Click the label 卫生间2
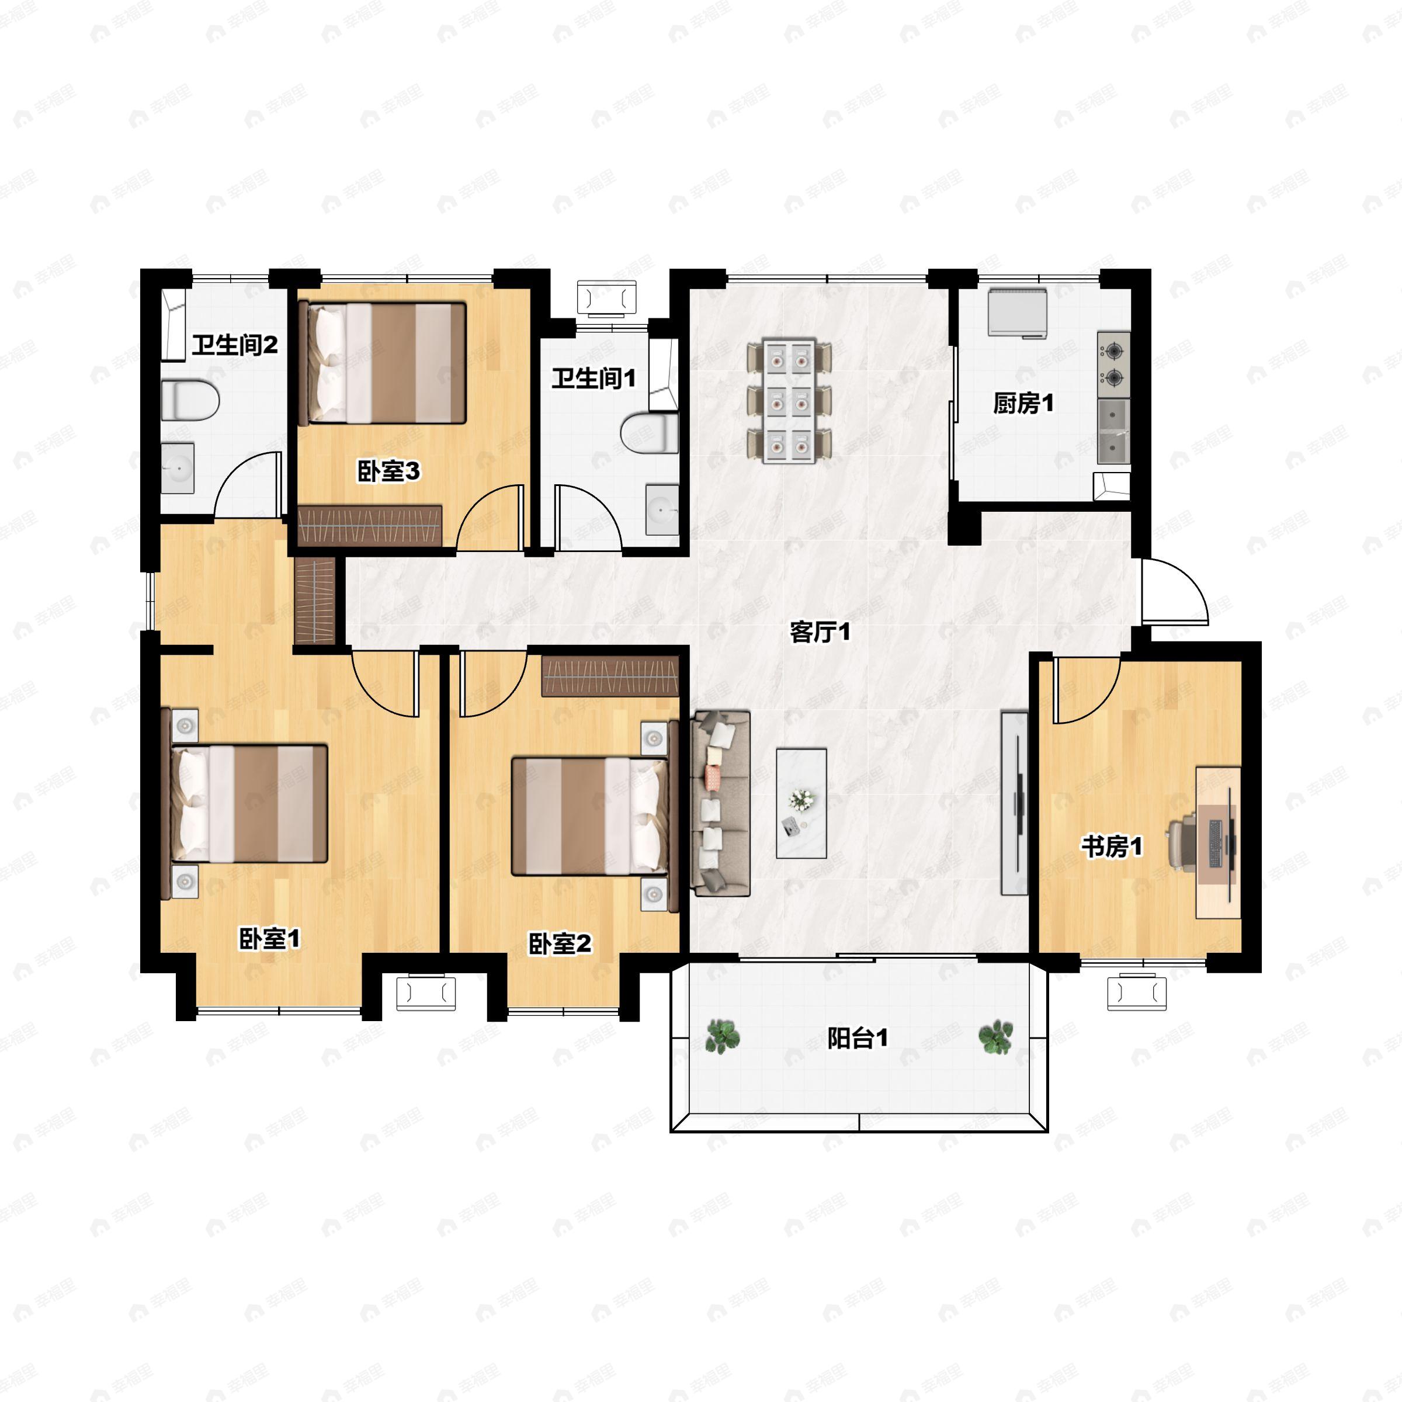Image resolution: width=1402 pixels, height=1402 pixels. click(234, 345)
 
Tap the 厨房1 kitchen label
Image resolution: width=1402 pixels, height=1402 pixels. click(1023, 404)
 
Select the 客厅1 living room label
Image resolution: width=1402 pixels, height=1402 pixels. click(820, 633)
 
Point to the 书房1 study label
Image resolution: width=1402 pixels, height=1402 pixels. click(1112, 846)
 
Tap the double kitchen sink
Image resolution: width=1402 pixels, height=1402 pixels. click(1114, 431)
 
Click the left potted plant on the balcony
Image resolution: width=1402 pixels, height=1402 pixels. click(723, 1036)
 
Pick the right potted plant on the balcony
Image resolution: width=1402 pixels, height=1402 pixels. click(995, 1036)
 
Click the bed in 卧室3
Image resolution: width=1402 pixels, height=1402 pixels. click(383, 363)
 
